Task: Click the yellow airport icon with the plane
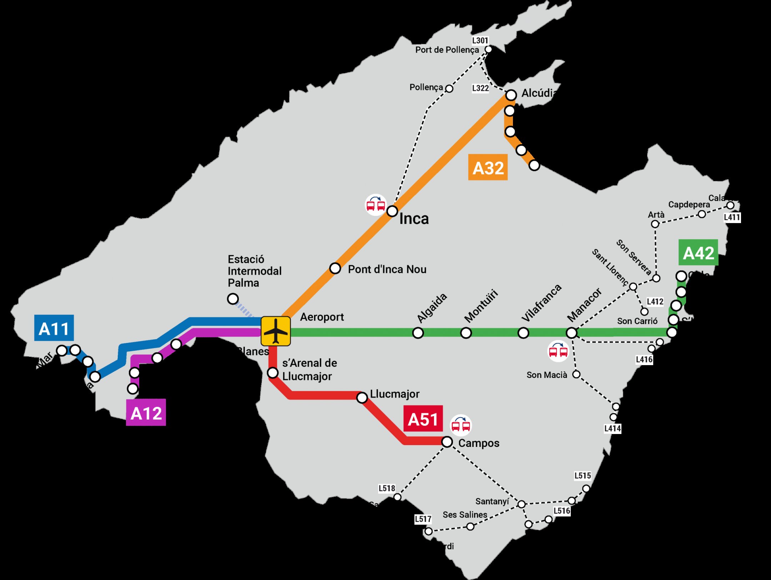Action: (x=276, y=331)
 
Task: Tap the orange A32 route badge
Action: (x=488, y=167)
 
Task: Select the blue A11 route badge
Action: (x=54, y=328)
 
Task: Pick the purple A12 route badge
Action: (x=146, y=413)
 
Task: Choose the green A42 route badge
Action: (x=698, y=253)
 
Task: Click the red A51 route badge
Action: (x=423, y=419)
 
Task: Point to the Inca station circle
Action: (x=392, y=211)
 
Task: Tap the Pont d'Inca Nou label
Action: (x=387, y=269)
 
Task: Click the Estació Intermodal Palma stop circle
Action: (x=233, y=298)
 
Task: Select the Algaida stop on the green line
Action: (x=418, y=333)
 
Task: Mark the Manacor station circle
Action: (x=571, y=333)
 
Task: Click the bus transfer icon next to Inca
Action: (x=376, y=205)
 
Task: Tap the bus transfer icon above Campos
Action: (x=460, y=425)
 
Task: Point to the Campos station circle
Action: (x=447, y=442)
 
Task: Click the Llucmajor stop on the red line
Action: (x=362, y=397)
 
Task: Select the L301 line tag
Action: (x=480, y=40)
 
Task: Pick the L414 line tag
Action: (x=613, y=428)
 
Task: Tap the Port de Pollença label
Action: (x=447, y=50)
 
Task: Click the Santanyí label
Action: (x=492, y=501)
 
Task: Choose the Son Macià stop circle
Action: (x=576, y=374)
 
